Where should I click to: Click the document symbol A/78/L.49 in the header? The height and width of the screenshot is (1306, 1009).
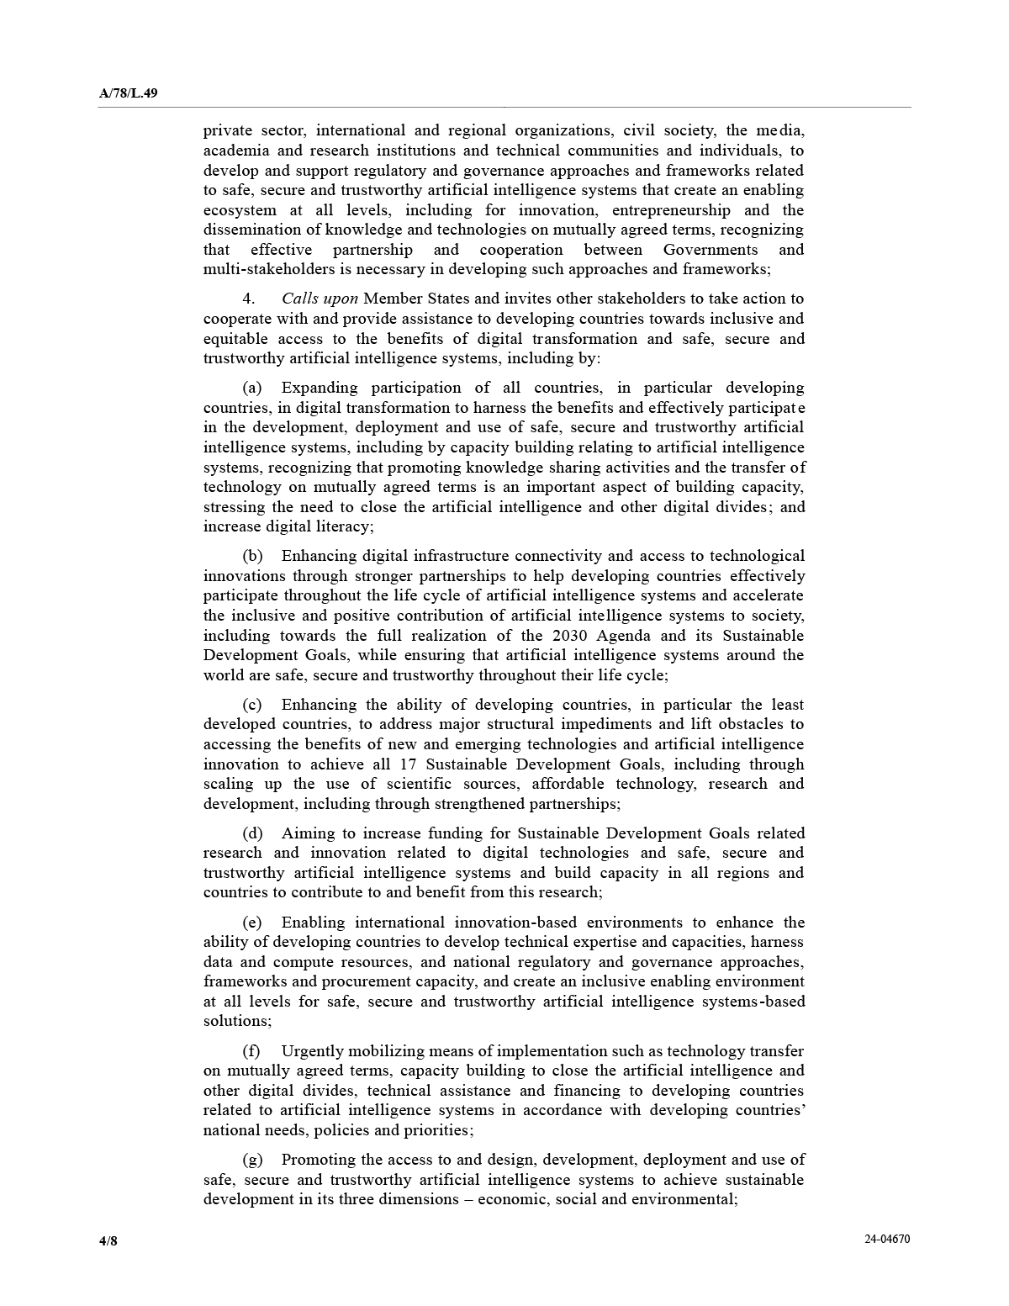coord(128,93)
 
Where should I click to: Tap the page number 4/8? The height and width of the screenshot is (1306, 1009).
coord(108,1241)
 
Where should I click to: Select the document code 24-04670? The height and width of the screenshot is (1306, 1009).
coord(886,1239)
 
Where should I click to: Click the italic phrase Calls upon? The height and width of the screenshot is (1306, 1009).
coord(320,299)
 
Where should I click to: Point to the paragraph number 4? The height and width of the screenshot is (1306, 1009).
coord(248,299)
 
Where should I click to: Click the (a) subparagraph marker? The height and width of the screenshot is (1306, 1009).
coord(252,388)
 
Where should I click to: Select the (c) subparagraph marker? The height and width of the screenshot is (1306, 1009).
coord(252,705)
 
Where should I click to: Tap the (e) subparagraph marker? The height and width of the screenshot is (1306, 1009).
coord(252,923)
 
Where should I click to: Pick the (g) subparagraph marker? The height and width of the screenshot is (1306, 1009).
coord(252,1160)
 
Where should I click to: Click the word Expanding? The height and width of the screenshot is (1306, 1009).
coord(319,388)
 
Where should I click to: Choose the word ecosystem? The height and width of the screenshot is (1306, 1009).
coord(240,210)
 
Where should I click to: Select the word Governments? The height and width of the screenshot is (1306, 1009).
coord(710,250)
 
